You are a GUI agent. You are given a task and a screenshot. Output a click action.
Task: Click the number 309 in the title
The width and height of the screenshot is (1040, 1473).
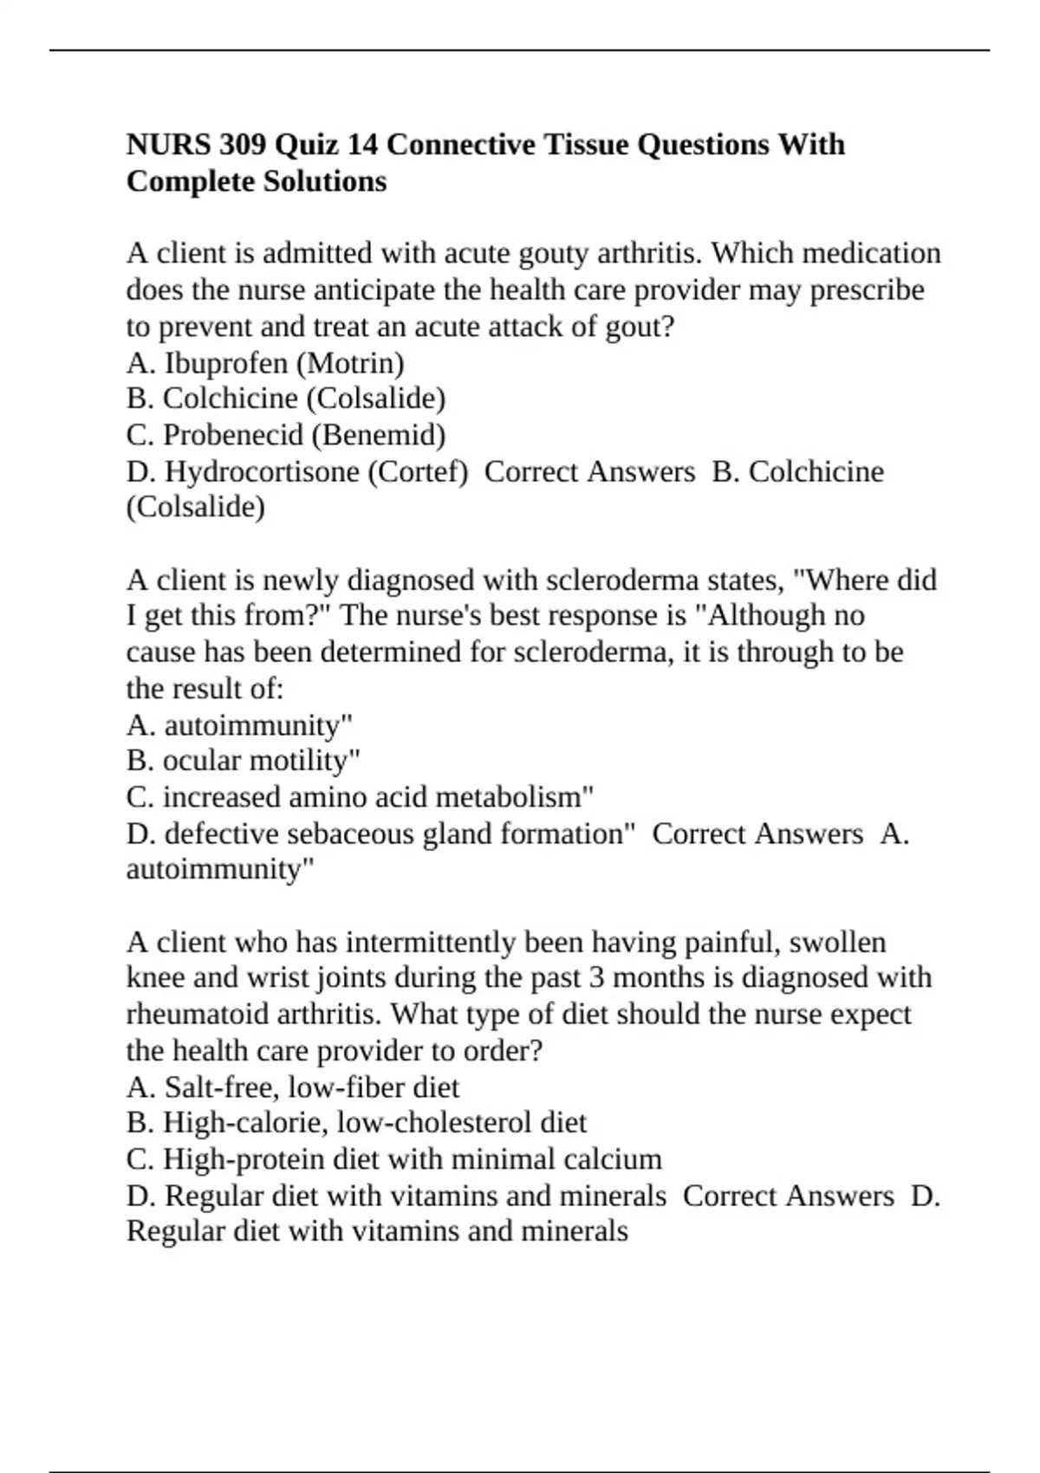coord(244,144)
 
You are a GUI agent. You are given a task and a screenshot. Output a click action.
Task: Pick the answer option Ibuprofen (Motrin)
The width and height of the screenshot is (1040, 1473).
coord(265,363)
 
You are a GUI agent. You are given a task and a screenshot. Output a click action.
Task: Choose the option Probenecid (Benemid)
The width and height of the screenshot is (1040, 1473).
coord(286,435)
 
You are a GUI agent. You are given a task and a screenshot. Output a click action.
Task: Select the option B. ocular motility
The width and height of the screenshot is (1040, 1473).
coord(243,761)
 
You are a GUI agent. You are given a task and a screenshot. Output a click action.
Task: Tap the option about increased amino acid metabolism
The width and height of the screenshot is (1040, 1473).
coord(360,797)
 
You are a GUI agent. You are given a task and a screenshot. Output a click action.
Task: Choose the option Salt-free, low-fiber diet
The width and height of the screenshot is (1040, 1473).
coord(293,1087)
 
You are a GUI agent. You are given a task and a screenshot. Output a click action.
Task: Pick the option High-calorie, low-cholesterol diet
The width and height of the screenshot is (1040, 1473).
coord(356,1123)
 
